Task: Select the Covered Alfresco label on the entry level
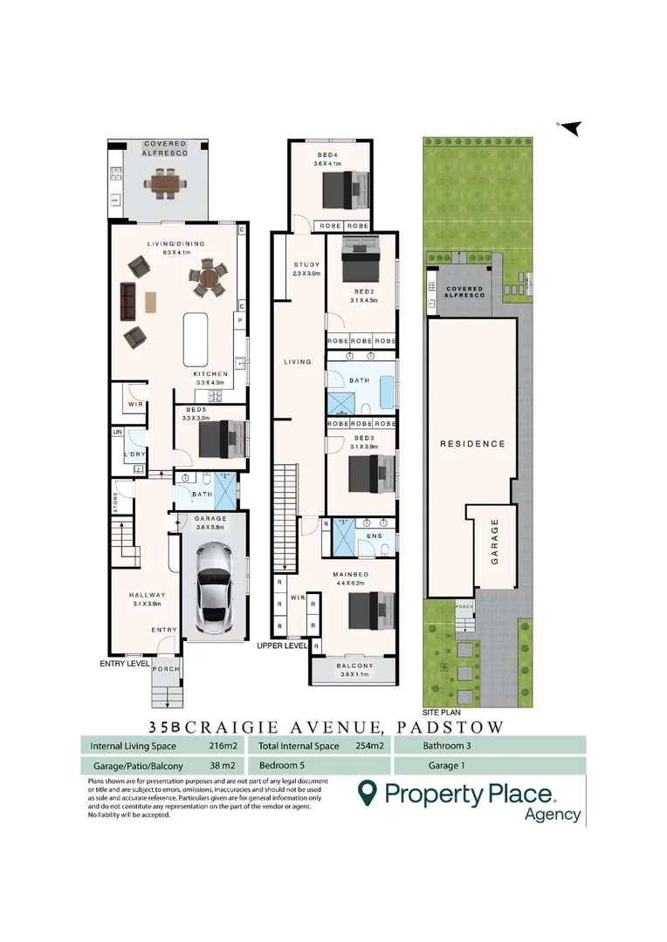coord(159,147)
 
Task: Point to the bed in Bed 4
coord(344,189)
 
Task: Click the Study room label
coord(306,265)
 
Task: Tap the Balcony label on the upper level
coord(354,666)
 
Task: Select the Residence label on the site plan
coord(471,444)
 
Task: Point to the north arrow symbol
coord(570,128)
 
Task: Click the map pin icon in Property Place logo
coord(368,793)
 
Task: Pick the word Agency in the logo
coord(552,815)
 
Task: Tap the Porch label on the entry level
coord(165,669)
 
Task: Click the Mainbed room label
coord(349,575)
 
